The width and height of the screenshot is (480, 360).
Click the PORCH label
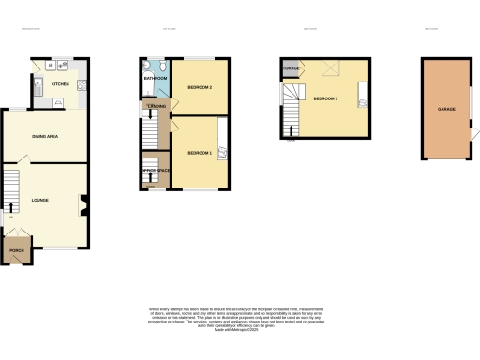point(17,251)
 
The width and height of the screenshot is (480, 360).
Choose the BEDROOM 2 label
point(200,87)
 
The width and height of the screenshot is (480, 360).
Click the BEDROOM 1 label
point(200,152)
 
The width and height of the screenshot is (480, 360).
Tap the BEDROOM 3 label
point(325,97)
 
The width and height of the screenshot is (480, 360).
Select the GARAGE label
point(446,109)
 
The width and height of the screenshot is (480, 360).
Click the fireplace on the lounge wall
point(82,199)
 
